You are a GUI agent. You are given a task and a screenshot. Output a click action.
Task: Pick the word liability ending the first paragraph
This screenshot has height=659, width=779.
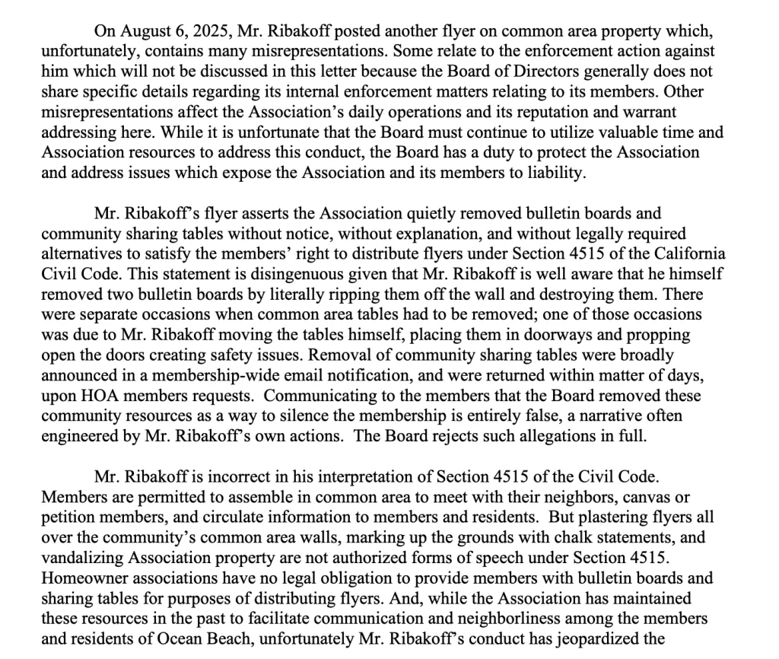pos(555,171)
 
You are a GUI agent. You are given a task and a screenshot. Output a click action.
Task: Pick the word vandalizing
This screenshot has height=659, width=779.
pos(79,557)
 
